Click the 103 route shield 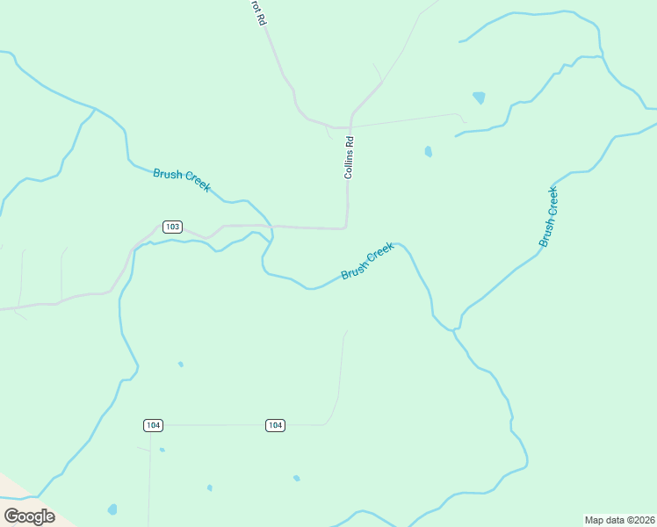[172, 227]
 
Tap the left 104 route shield [153, 425]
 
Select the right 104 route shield [275, 425]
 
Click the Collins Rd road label [349, 158]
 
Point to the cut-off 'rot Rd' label [257, 11]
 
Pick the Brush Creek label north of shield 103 [182, 179]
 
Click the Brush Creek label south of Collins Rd [367, 262]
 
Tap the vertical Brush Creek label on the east [549, 216]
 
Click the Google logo [29, 516]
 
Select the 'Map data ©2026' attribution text [619, 519]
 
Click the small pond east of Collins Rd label [428, 151]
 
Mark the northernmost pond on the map [479, 97]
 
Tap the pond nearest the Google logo [112, 509]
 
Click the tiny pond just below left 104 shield [162, 450]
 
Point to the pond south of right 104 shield [296, 478]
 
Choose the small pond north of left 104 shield [180, 364]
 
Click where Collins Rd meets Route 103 [345, 228]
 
